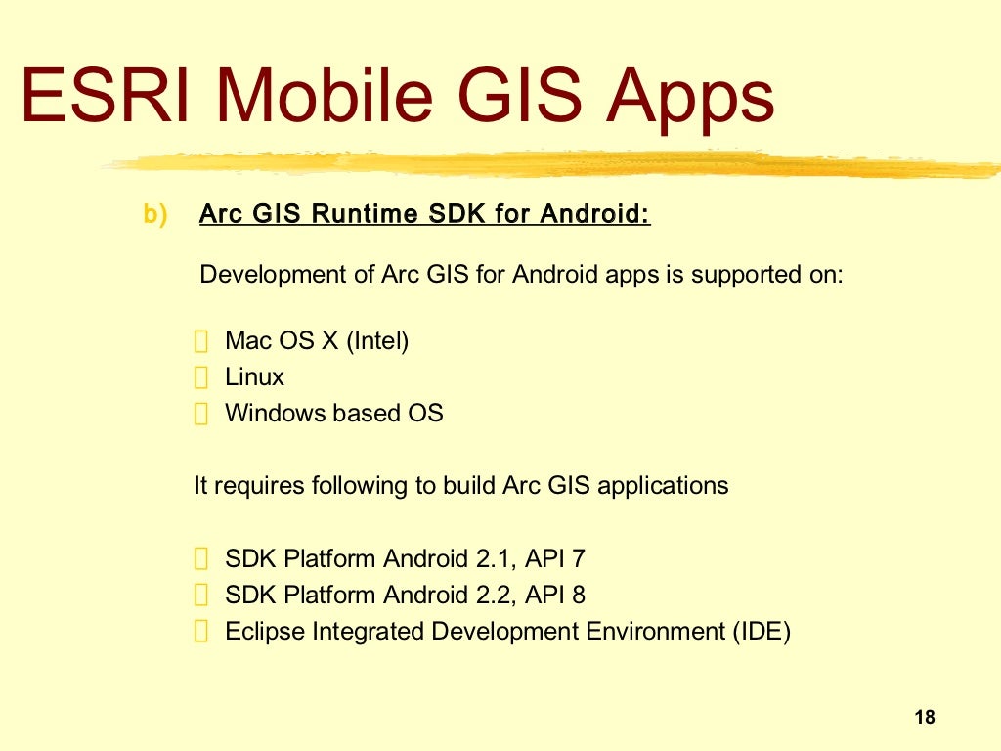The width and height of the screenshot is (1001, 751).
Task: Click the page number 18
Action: pos(925,718)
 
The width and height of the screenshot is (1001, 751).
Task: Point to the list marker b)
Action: pos(155,214)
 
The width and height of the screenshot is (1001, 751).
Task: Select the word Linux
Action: pos(254,377)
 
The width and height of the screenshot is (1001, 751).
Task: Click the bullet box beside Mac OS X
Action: pos(201,342)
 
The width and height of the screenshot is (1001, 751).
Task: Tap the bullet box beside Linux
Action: pos(201,378)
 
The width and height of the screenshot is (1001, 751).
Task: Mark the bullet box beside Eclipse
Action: pos(201,633)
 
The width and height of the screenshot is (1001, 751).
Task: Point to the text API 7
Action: pos(555,559)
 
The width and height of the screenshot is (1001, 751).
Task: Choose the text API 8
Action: pos(555,595)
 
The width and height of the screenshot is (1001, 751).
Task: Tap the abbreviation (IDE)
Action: pos(761,632)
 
